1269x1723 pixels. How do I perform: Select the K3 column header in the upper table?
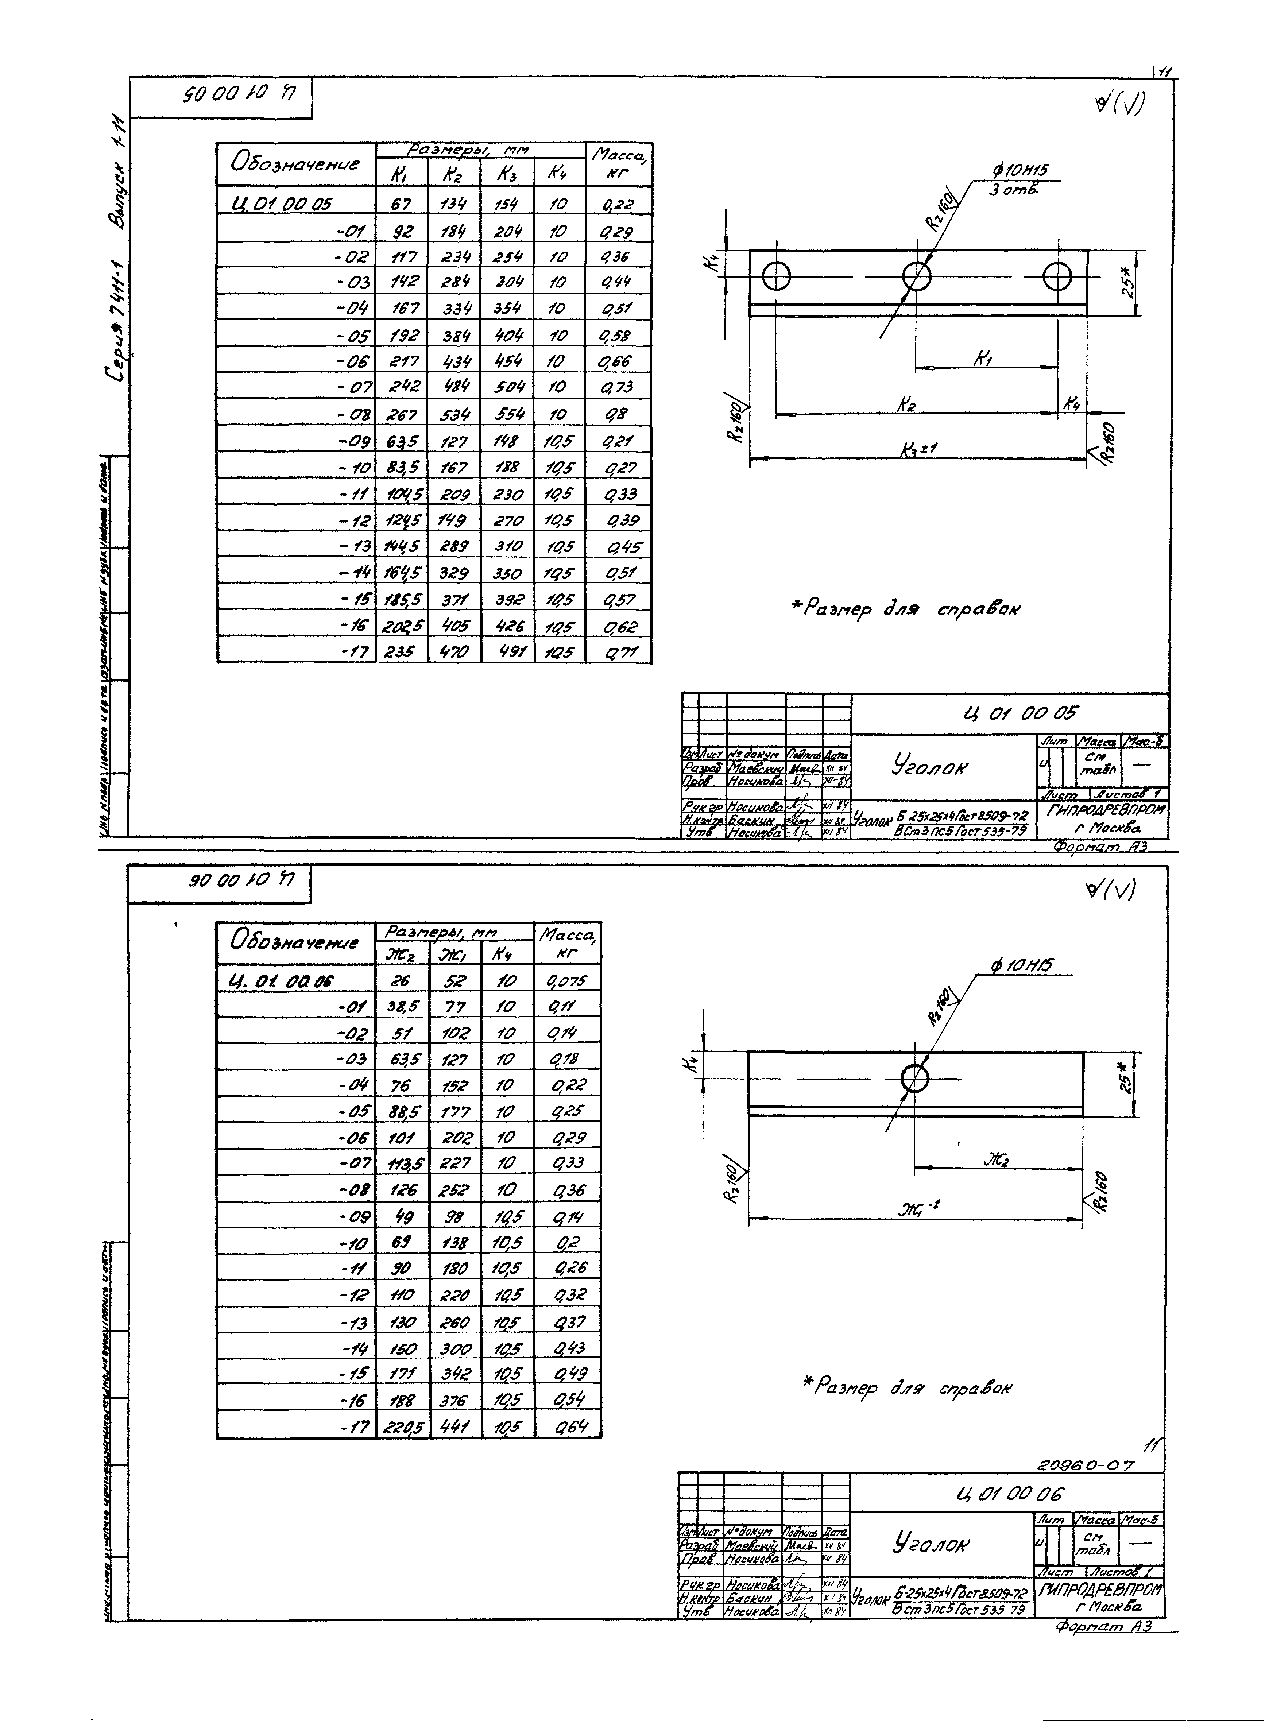point(506,174)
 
